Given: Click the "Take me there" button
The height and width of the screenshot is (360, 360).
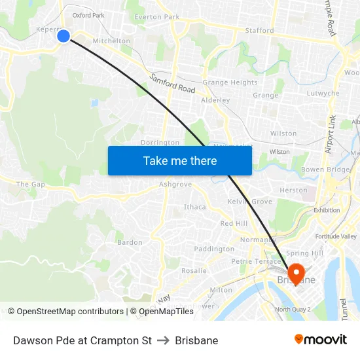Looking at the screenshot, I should pyautogui.click(x=180, y=160).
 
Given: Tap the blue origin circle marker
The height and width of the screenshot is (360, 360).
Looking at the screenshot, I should pyautogui.click(x=63, y=35).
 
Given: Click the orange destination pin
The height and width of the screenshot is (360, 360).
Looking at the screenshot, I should pyautogui.click(x=295, y=273).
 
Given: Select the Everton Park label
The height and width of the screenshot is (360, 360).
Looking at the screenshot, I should pyautogui.click(x=156, y=17).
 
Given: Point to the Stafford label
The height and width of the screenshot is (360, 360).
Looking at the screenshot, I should pyautogui.click(x=259, y=30).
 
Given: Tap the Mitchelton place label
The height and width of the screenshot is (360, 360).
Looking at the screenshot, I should pyautogui.click(x=111, y=41).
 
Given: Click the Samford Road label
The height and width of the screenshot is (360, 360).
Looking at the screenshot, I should pyautogui.click(x=172, y=83).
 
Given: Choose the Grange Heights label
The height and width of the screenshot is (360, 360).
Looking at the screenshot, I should pyautogui.click(x=230, y=82).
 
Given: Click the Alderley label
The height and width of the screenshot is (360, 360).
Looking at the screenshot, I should pyautogui.click(x=215, y=100).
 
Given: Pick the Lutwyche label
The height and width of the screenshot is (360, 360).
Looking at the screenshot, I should pyautogui.click(x=323, y=93).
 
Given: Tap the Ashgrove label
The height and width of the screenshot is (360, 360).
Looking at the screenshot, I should pyautogui.click(x=175, y=185).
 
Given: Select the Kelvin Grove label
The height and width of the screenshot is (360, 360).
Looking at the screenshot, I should pyautogui.click(x=249, y=202).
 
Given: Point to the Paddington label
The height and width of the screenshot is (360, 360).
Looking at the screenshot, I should pyautogui.click(x=214, y=249).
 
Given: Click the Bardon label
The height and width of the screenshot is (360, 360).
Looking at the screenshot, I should pyautogui.click(x=130, y=242).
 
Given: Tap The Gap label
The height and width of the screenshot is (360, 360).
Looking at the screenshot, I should pyautogui.click(x=31, y=185).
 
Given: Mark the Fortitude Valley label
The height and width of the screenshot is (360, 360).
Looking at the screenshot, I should pyautogui.click(x=335, y=236).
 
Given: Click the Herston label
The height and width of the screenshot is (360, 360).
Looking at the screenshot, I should pyautogui.click(x=293, y=190).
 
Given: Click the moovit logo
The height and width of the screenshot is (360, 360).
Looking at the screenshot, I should pyautogui.click(x=320, y=340).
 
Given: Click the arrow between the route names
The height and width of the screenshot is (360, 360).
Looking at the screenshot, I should pyautogui.click(x=164, y=340).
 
